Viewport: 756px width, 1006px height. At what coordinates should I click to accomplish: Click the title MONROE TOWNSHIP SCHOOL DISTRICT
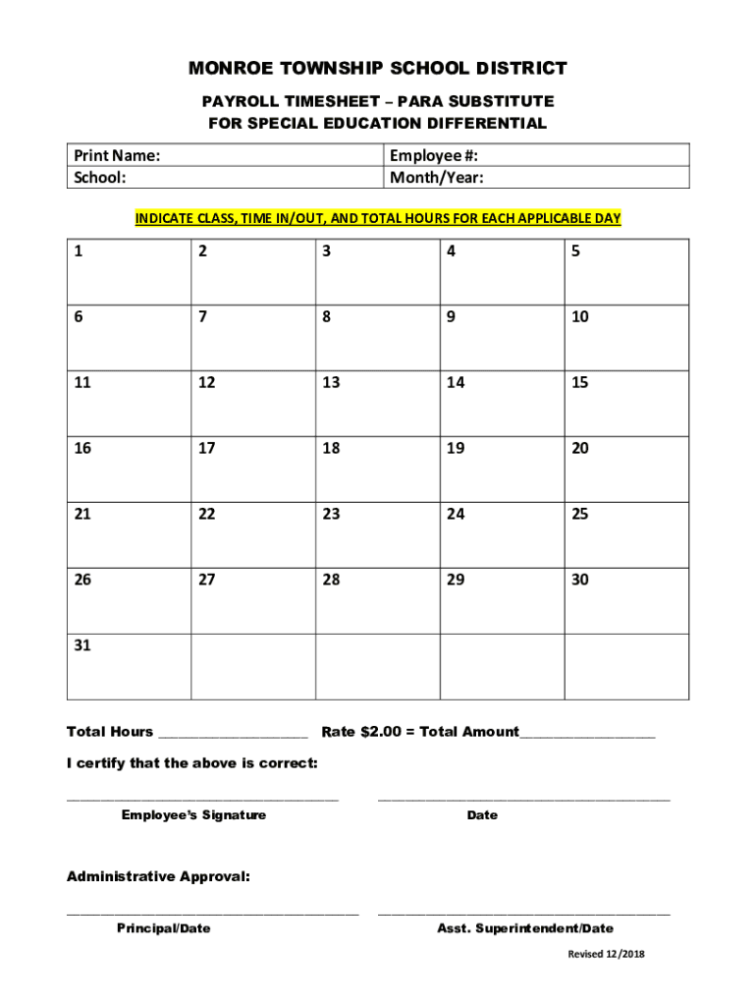(378, 69)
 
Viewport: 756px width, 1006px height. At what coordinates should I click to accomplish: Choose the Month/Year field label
(437, 178)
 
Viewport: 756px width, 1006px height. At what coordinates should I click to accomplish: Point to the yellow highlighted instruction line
(378, 218)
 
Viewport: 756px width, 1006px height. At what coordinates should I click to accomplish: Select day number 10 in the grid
(580, 317)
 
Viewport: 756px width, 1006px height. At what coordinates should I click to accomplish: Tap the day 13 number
(331, 382)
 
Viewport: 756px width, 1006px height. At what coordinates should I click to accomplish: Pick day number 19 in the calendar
(456, 448)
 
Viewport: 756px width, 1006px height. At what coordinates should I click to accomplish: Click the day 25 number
(580, 514)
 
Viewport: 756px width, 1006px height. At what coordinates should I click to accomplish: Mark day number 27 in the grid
(206, 580)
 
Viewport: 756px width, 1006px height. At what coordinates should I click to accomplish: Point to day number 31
(82, 645)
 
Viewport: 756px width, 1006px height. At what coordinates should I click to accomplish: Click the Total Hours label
(110, 732)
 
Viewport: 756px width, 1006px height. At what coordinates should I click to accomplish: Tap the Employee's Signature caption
(193, 815)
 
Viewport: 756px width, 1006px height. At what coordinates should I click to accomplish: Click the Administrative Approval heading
(158, 876)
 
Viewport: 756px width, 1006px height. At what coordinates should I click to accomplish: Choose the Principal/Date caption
(163, 928)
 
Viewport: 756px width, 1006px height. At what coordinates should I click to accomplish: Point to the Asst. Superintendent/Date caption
(524, 928)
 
